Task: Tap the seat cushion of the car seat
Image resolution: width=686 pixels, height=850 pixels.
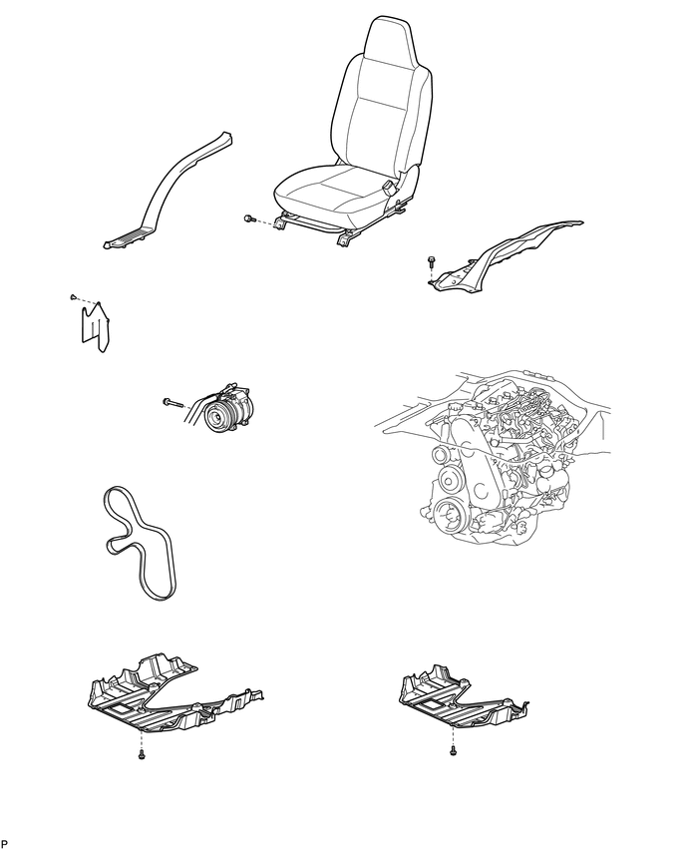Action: pyautogui.click(x=331, y=191)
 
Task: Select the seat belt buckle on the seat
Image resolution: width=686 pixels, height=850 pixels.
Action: pyautogui.click(x=389, y=189)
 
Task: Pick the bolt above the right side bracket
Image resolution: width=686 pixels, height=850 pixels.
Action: pyautogui.click(x=432, y=261)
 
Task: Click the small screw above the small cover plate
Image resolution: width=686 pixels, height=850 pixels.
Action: pyautogui.click(x=74, y=296)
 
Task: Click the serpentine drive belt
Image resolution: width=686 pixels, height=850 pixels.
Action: pyautogui.click(x=140, y=542)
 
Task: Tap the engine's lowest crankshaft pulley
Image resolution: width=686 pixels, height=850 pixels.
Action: pyautogui.click(x=448, y=515)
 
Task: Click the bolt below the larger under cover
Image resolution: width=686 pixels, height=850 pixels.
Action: pyautogui.click(x=142, y=754)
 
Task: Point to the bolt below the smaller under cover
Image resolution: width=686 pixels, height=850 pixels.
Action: pyautogui.click(x=453, y=750)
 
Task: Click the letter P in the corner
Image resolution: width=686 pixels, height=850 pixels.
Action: pyautogui.click(x=5, y=843)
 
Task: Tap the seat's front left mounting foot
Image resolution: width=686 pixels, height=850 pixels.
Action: pyautogui.click(x=280, y=222)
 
